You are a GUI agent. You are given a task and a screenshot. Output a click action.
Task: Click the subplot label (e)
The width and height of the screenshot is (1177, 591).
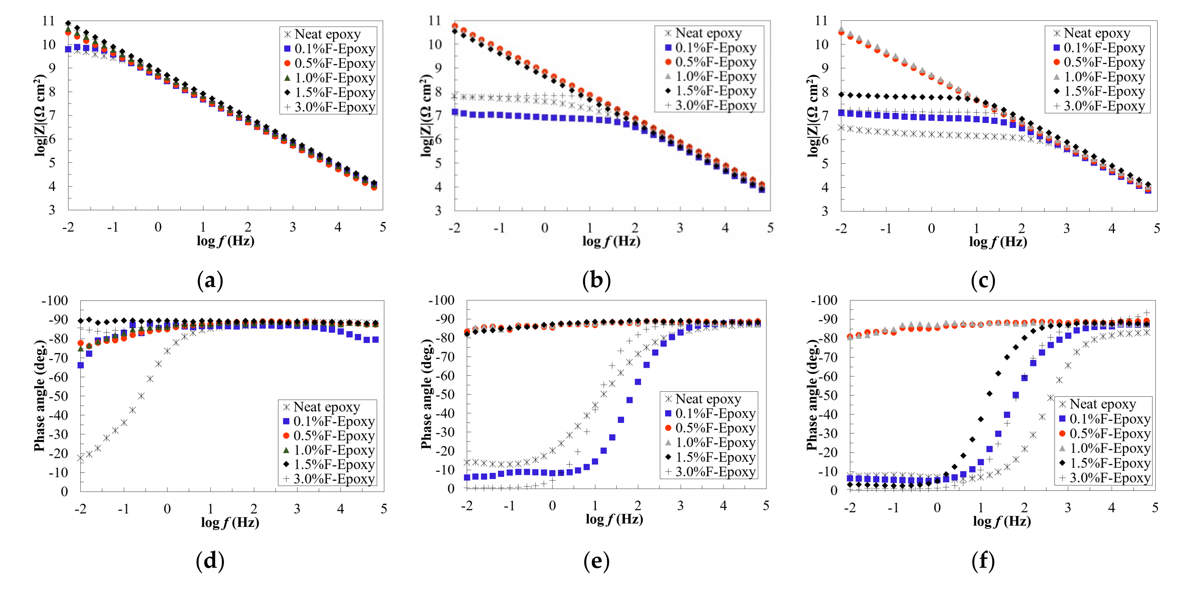click(596, 561)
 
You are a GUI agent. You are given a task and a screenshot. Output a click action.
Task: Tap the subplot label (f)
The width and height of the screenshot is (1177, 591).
click(983, 561)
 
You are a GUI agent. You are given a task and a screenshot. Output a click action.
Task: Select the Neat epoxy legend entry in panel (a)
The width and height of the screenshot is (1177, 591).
click(327, 34)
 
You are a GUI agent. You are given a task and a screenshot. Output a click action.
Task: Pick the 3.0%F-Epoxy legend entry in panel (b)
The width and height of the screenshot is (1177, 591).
click(716, 105)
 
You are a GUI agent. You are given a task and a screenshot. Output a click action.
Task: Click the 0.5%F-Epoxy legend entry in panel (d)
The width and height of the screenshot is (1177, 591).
click(334, 436)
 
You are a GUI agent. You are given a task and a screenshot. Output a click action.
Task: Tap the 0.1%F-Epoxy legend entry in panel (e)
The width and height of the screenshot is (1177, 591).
click(715, 413)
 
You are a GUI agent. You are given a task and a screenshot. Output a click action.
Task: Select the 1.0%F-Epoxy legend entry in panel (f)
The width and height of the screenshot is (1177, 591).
click(1109, 448)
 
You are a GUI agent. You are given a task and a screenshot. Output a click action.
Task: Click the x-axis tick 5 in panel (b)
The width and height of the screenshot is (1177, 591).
click(770, 228)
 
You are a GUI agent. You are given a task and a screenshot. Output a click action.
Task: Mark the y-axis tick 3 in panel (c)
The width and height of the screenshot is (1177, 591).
click(825, 211)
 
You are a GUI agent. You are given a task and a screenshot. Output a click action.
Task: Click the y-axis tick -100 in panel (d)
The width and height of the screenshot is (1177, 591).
click(55, 301)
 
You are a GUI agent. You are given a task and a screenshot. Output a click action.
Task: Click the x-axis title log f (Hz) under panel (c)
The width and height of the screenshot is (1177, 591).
click(998, 241)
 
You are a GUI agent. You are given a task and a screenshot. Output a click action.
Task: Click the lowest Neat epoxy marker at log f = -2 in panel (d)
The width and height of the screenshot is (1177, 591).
click(81, 458)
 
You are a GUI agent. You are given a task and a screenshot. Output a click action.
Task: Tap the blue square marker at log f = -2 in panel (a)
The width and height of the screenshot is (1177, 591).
click(68, 49)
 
